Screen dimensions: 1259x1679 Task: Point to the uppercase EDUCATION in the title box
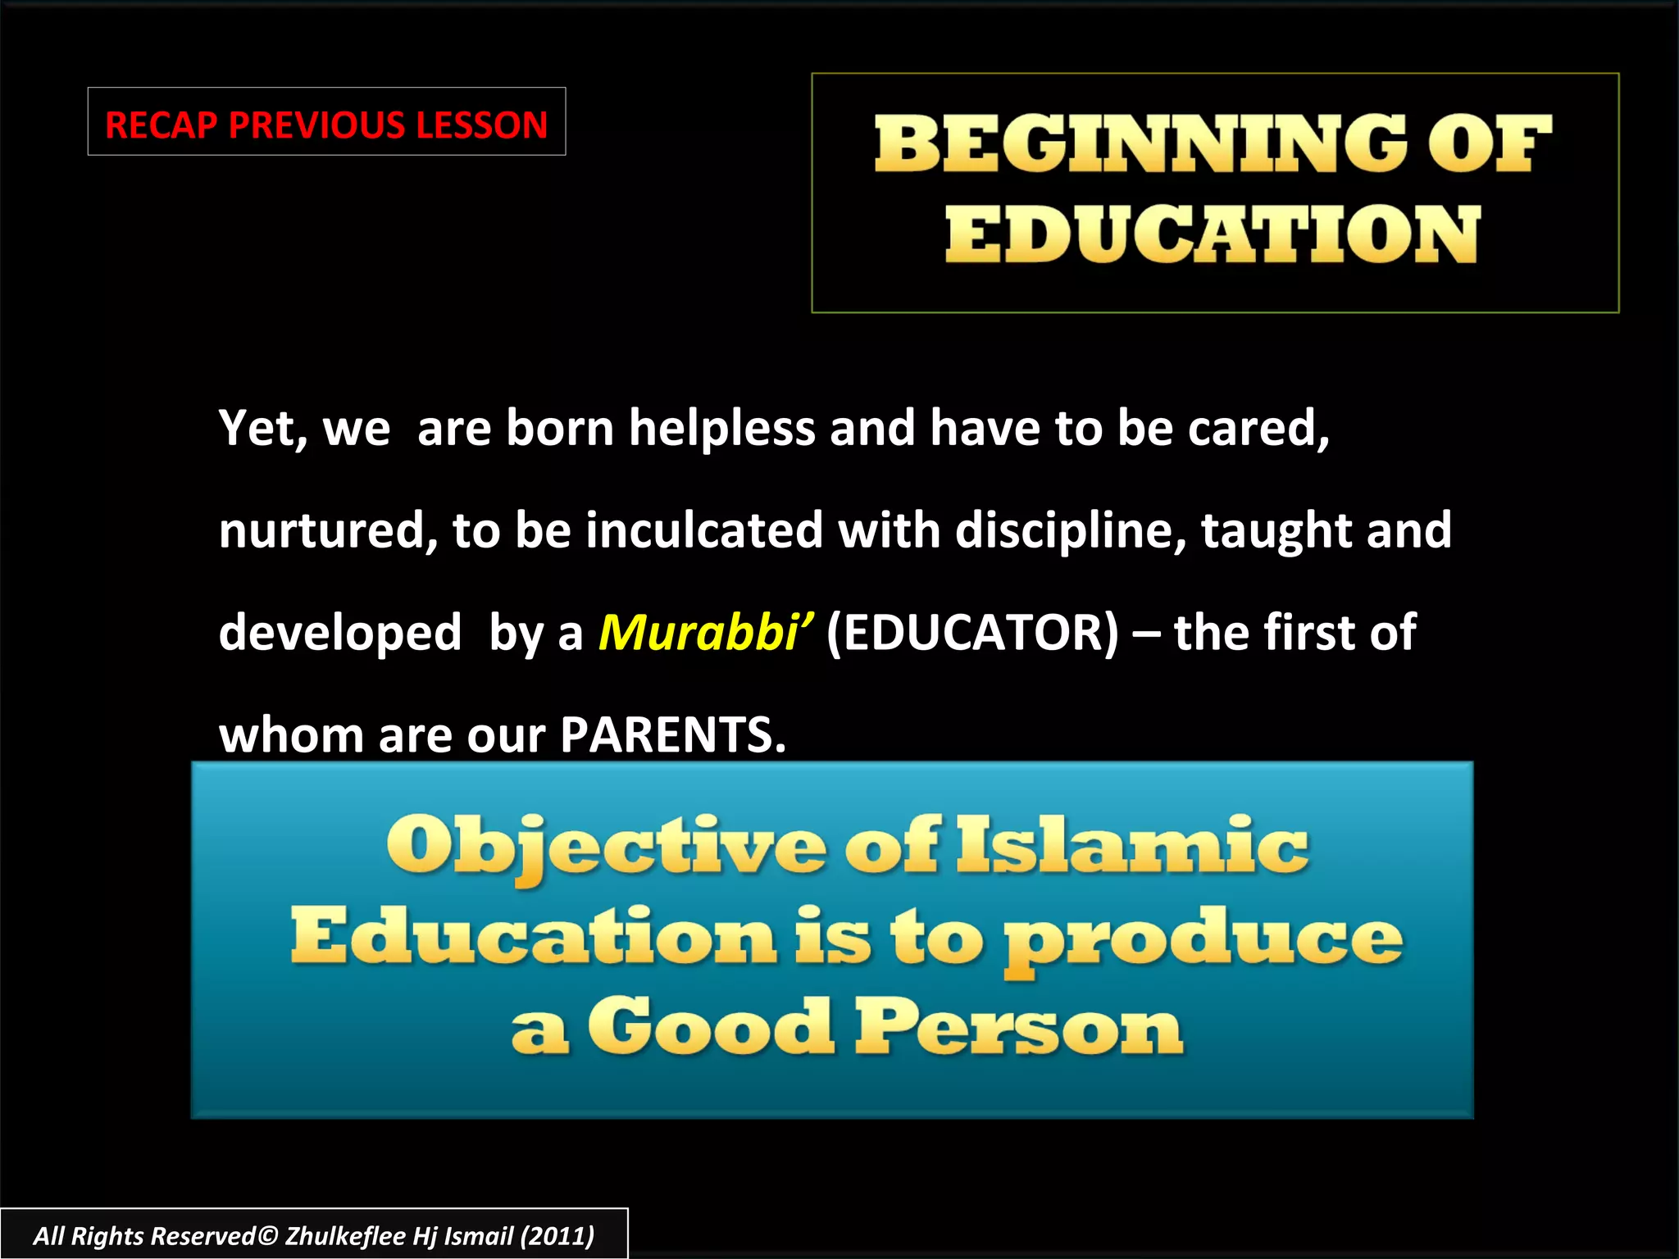1213,234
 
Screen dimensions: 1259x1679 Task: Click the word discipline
1070,531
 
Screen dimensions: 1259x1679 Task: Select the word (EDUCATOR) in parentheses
972,633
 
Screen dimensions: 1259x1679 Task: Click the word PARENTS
672,735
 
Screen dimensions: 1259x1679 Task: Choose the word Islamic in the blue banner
1132,846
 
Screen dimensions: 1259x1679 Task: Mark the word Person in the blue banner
1019,1028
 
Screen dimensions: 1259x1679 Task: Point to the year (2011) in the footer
557,1236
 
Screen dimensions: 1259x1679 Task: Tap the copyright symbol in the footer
267,1236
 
